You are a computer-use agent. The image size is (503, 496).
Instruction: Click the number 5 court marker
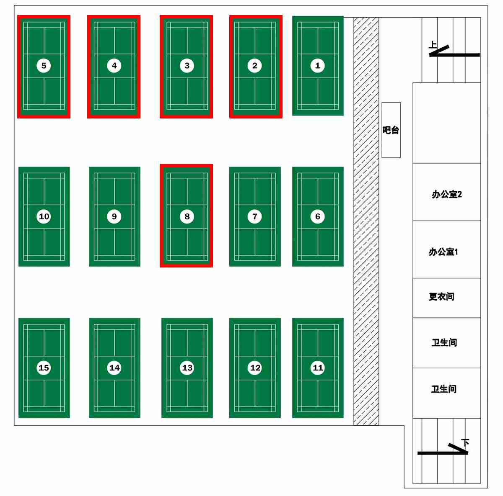tap(44, 65)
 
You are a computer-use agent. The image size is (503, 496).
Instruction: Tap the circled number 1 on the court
tap(317, 65)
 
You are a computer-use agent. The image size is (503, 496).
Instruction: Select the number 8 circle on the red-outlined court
tap(187, 216)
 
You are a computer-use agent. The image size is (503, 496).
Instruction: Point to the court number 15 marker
tap(44, 368)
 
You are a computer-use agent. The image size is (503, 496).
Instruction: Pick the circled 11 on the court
tap(318, 368)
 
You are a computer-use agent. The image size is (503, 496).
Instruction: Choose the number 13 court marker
tap(187, 368)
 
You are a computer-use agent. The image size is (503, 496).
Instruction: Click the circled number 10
tap(44, 216)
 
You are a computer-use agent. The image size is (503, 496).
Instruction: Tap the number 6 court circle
tap(317, 216)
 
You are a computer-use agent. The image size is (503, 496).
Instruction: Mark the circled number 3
tap(187, 65)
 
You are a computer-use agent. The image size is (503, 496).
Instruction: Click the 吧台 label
tap(391, 130)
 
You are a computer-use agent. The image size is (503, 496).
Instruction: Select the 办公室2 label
tap(446, 194)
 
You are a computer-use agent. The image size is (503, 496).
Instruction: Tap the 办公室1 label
tap(443, 252)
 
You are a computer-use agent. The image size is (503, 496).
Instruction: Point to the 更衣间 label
tap(441, 297)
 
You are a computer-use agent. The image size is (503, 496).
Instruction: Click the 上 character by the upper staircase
tap(433, 45)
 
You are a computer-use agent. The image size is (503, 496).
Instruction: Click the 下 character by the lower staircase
tap(465, 442)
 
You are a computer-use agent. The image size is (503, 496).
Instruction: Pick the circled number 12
tap(255, 368)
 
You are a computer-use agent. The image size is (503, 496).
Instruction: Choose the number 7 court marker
tap(255, 216)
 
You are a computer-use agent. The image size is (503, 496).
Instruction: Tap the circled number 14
tap(114, 368)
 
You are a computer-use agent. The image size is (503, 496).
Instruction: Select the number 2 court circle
tap(255, 65)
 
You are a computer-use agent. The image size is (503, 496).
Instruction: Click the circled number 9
tap(114, 216)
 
